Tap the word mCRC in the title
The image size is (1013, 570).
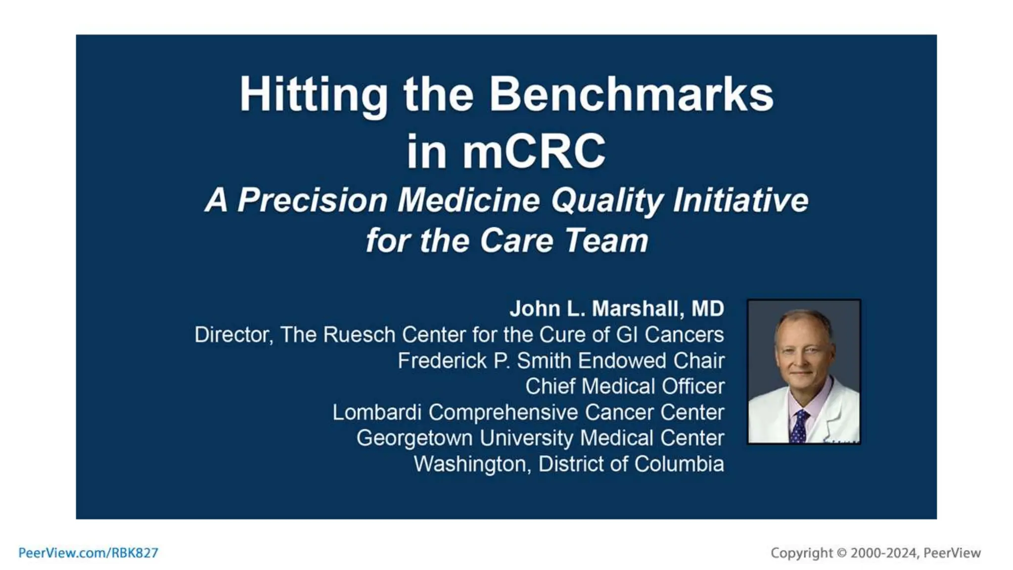coord(534,151)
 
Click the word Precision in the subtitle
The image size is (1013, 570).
coord(313,200)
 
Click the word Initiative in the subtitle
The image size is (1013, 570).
coord(740,200)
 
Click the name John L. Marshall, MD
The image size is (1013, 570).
coord(617,309)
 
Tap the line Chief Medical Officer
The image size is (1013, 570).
coord(625,386)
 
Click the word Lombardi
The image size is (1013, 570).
coord(376,412)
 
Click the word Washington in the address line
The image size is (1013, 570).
coord(472,464)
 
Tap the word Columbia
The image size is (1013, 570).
coord(679,464)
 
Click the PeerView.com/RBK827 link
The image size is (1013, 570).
coord(88,553)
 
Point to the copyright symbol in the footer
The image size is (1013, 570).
coord(841,553)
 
